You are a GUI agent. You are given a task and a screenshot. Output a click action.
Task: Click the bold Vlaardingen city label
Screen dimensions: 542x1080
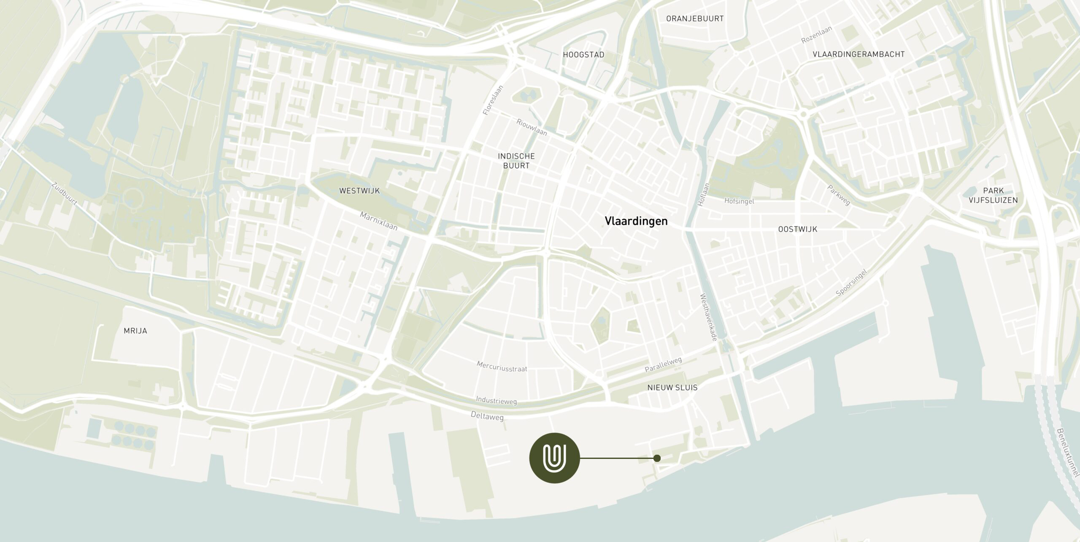pyautogui.click(x=636, y=221)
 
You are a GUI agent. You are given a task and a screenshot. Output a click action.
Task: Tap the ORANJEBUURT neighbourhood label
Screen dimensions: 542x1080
pyautogui.click(x=694, y=19)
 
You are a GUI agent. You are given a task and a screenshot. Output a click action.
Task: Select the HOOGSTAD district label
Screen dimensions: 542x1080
pyautogui.click(x=583, y=54)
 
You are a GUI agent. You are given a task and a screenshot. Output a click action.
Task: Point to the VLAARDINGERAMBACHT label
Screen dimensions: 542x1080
pyautogui.click(x=859, y=54)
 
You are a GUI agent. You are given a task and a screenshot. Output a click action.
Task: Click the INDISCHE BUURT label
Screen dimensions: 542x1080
pyautogui.click(x=516, y=161)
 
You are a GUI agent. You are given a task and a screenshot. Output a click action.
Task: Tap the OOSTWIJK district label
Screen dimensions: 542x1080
pyautogui.click(x=797, y=229)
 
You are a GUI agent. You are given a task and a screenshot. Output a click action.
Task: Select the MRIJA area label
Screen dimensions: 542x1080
pyautogui.click(x=135, y=331)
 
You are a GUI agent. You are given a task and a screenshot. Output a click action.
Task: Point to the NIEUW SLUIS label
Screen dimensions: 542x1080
pyautogui.click(x=672, y=387)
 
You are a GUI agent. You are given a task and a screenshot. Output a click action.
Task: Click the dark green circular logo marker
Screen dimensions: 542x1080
pyautogui.click(x=554, y=458)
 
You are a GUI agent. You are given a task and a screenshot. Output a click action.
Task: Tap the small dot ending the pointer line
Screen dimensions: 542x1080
pyautogui.click(x=656, y=458)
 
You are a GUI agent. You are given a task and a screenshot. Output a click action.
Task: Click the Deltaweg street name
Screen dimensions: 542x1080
pyautogui.click(x=487, y=416)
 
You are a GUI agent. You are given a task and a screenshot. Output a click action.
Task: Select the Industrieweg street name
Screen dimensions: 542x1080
pyautogui.click(x=496, y=400)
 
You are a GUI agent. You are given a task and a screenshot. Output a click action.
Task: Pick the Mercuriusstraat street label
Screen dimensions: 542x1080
pyautogui.click(x=502, y=366)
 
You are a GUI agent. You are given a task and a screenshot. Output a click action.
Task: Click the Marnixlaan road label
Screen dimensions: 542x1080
pyautogui.click(x=378, y=221)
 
